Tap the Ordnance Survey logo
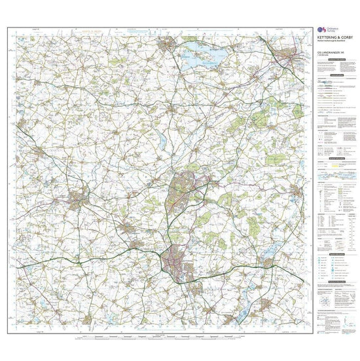tap(320, 30)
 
